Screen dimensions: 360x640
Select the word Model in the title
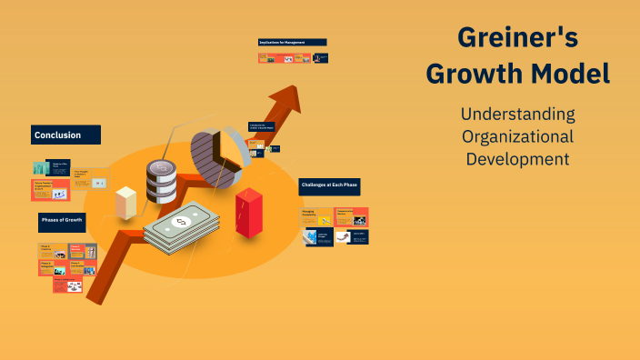click(570, 74)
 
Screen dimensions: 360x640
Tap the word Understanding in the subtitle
click(517, 115)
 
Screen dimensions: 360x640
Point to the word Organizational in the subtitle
click(517, 136)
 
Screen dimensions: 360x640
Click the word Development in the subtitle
click(517, 158)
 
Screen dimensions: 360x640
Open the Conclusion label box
click(65, 135)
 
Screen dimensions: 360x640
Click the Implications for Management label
click(293, 42)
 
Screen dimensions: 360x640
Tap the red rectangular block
click(248, 213)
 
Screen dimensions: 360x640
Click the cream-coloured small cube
click(125, 202)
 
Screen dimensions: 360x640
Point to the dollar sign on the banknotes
click(180, 223)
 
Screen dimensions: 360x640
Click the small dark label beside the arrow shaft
click(262, 129)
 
